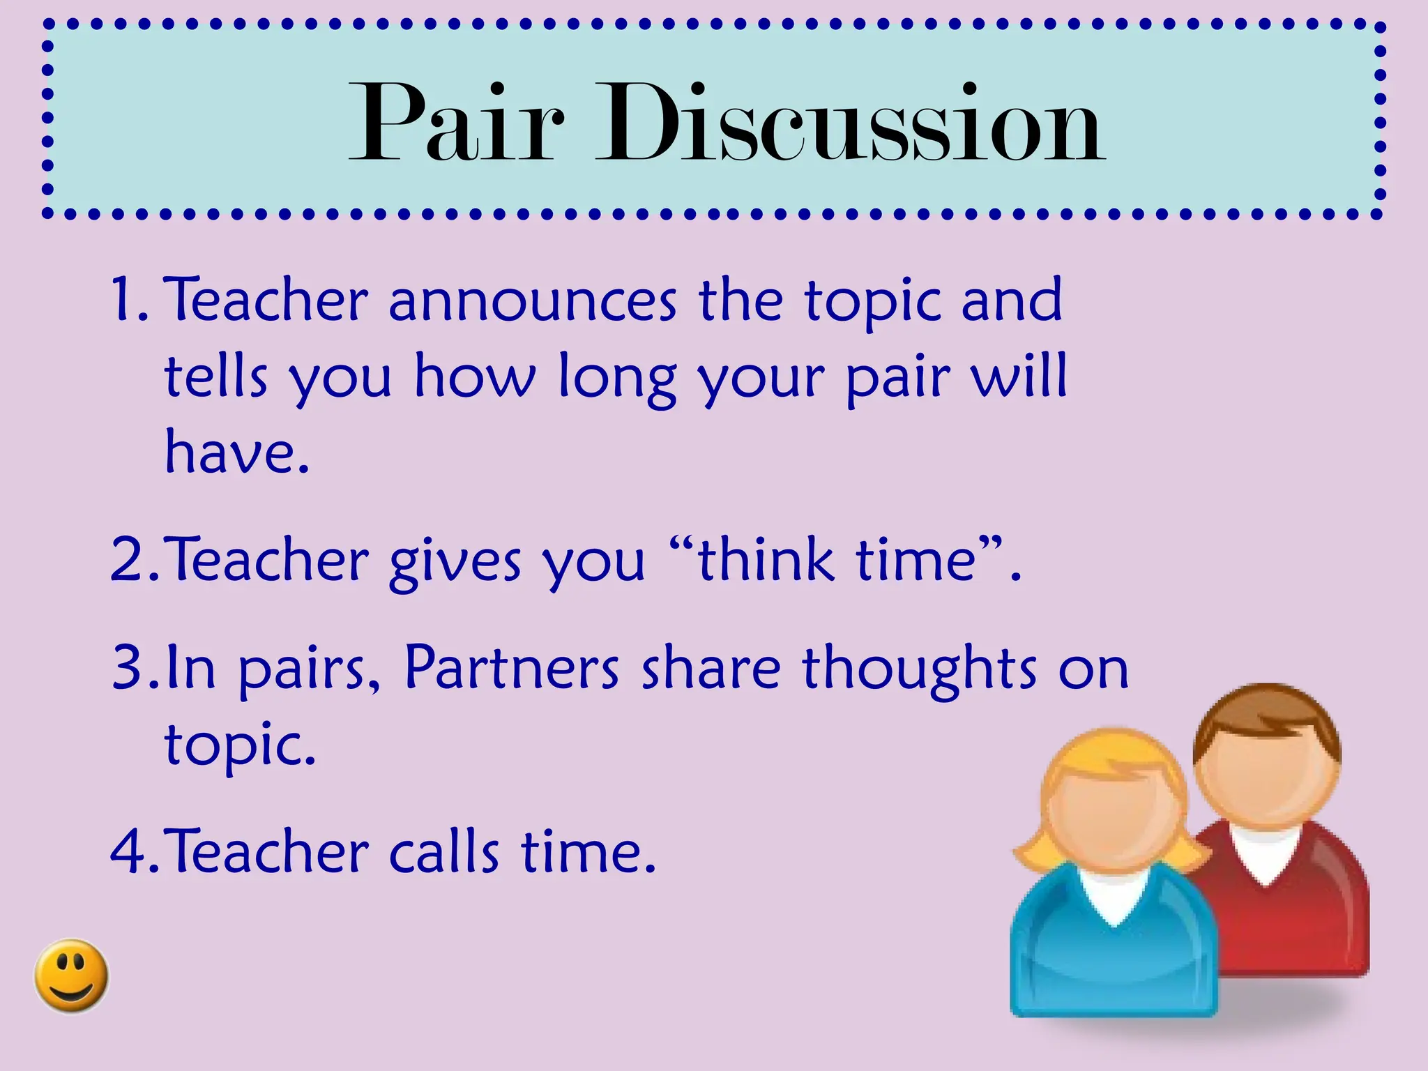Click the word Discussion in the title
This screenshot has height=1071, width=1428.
851,124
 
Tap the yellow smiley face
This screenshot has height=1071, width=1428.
71,975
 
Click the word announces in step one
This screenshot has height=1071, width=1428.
532,301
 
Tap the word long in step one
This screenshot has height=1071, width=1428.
617,379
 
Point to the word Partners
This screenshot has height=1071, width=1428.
512,668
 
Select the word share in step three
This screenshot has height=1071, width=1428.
711,668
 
